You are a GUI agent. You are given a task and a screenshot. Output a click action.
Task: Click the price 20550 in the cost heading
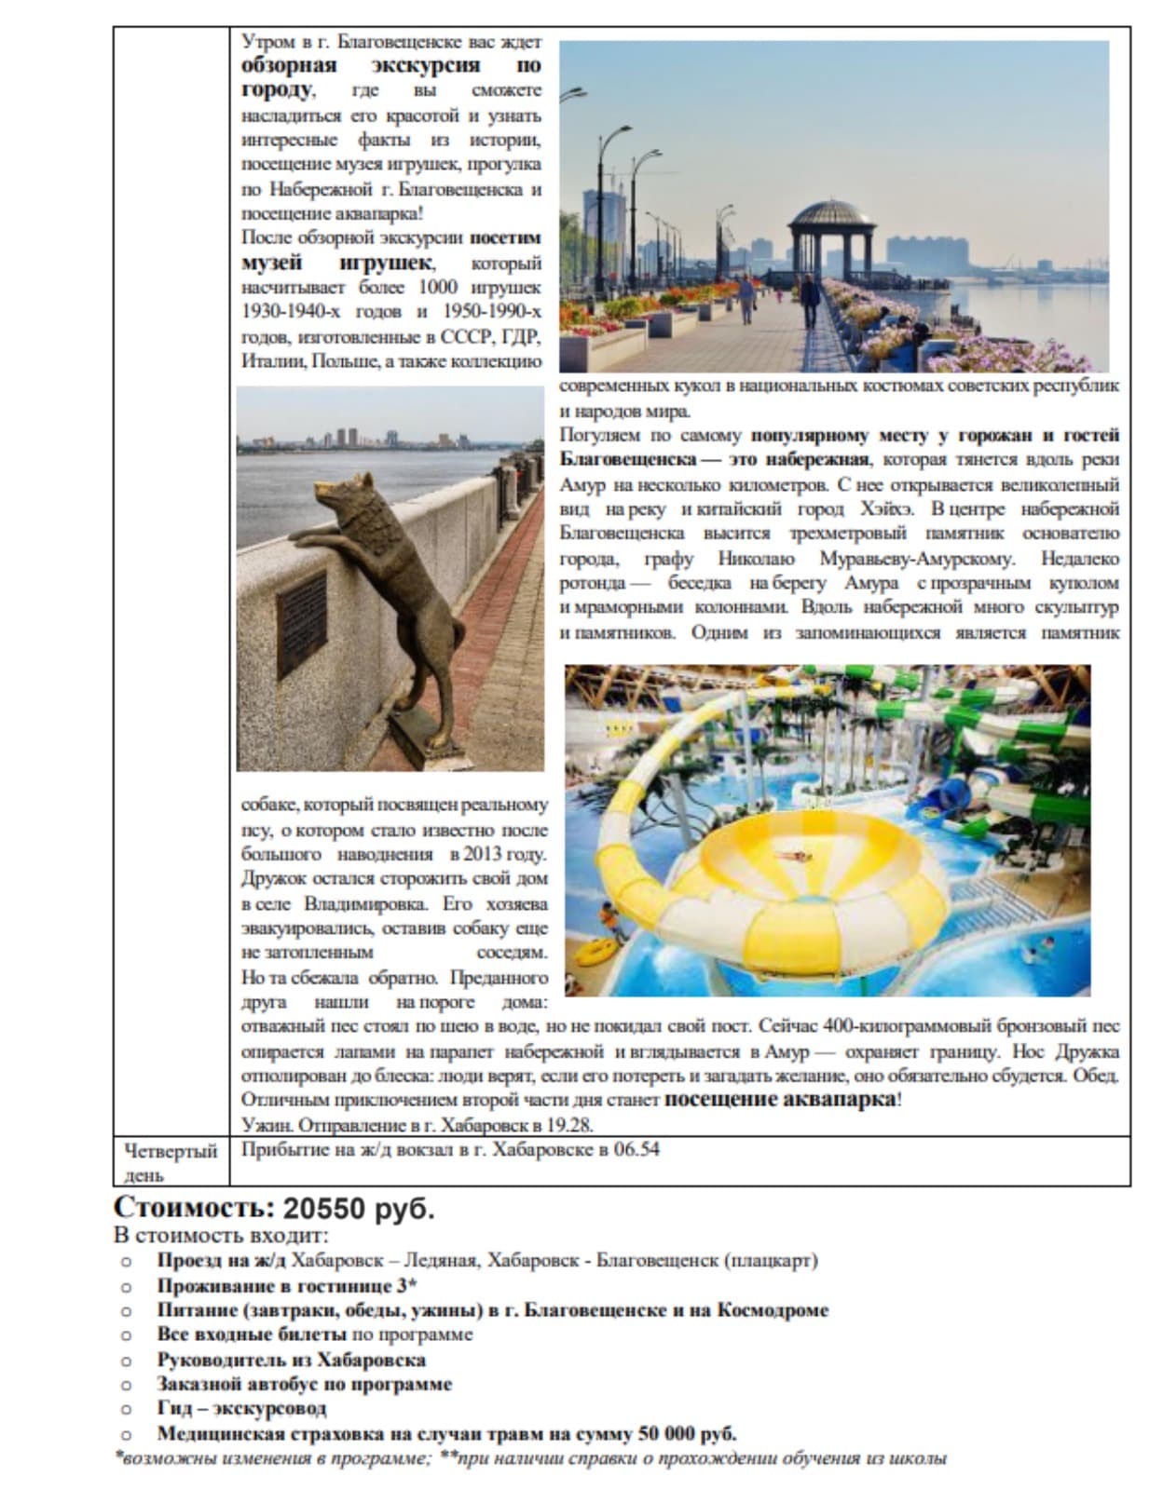pos(324,1209)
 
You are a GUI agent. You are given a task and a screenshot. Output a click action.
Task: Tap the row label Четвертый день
pos(171,1161)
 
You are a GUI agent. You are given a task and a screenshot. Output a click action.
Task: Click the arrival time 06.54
pos(636,1149)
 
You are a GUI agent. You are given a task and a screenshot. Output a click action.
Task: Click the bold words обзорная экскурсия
pos(361,65)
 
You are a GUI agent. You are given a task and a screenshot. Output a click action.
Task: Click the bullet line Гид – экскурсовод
pos(241,1408)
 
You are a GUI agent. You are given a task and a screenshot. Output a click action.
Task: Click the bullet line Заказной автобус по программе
pos(304,1384)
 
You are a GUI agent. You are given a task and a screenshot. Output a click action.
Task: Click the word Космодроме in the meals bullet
pos(772,1309)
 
